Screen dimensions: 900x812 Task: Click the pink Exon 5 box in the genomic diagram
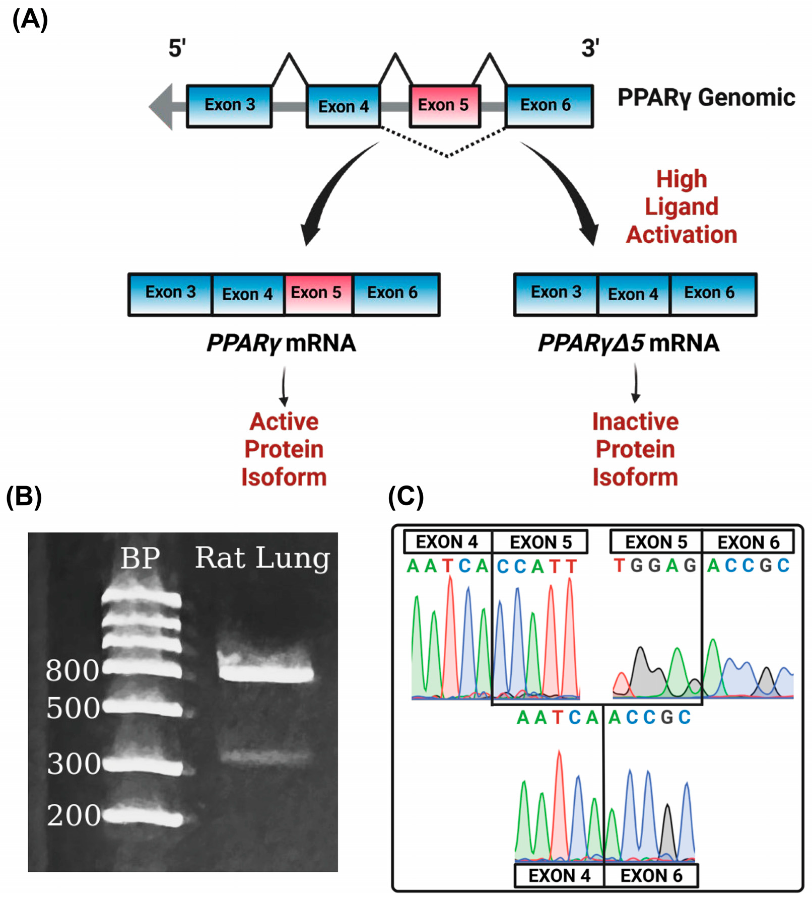(444, 106)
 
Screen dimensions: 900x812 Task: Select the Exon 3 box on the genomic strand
(229, 106)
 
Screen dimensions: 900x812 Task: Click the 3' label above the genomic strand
(590, 48)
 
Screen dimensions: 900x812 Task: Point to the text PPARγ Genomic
(706, 98)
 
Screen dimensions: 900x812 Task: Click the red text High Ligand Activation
(681, 207)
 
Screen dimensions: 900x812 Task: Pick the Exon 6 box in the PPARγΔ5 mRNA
(712, 294)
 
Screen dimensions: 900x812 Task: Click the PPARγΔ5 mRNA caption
(628, 343)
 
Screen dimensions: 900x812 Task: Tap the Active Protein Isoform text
(284, 449)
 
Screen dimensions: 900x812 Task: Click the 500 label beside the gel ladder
(73, 708)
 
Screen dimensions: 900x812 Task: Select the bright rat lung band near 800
(265, 673)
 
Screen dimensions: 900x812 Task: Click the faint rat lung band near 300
(265, 756)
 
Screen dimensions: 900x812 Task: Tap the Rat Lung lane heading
(262, 558)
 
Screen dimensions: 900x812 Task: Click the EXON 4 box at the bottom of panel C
(559, 875)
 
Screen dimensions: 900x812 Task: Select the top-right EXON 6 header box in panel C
(748, 542)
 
